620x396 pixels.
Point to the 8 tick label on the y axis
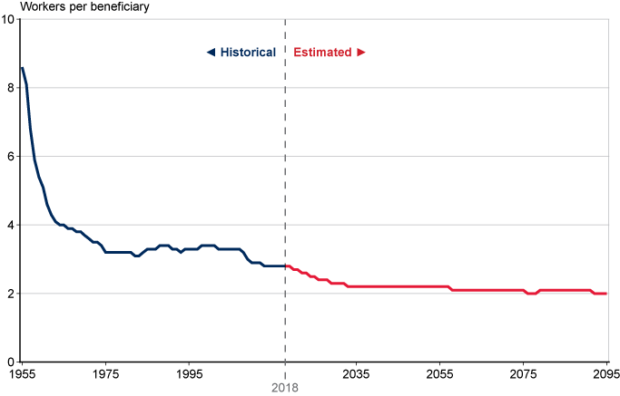pos(10,88)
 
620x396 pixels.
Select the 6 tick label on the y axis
pos(10,156)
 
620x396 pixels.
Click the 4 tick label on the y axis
pos(10,225)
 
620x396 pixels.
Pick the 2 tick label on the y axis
pos(10,294)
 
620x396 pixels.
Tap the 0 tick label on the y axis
pos(10,362)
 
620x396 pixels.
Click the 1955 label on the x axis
pos(22,373)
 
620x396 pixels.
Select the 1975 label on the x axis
pos(105,373)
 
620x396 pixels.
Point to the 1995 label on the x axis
pos(189,373)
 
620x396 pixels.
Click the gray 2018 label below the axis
pos(285,387)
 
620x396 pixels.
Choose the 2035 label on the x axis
pos(356,373)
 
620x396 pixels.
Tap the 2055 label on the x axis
pos(439,373)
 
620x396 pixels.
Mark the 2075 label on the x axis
pos(523,373)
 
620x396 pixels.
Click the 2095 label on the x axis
pos(605,373)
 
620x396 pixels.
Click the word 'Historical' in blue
pos(248,53)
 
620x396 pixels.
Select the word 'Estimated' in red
pos(322,53)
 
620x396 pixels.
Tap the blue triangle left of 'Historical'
pos(211,53)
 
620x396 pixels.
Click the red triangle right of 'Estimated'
pos(360,53)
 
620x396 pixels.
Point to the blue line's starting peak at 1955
pos(22,68)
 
